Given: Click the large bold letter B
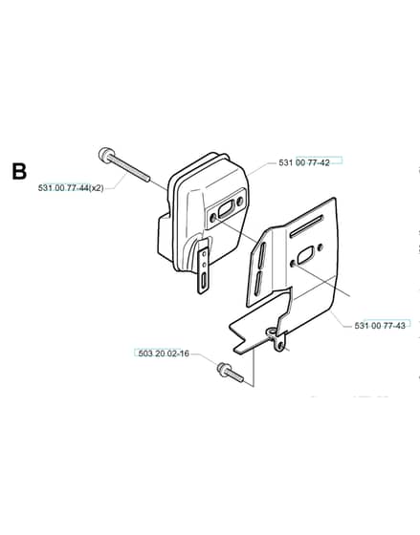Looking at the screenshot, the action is (19, 171).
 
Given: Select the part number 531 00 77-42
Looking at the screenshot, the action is (304, 162).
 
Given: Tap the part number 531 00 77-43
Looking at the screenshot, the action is (380, 326).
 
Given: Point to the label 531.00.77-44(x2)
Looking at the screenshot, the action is (71, 188).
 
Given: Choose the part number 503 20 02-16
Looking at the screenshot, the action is (164, 353).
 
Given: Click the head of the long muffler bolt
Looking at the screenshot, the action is (105, 155).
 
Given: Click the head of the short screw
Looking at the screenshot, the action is (224, 369).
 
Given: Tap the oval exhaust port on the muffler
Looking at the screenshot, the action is (226, 208).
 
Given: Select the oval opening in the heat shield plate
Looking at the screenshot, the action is (305, 255).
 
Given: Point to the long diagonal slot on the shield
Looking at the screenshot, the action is (306, 226).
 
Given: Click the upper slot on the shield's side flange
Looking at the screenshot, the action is (262, 254).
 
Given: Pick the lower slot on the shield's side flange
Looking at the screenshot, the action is (257, 283).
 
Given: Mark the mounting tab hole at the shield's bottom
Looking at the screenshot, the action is (280, 346).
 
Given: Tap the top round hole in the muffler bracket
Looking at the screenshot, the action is (205, 254).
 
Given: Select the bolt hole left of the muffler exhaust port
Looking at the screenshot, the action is (213, 218).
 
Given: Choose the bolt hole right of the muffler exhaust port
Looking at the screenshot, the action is (239, 201).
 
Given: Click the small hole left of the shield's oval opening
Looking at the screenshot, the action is (293, 264).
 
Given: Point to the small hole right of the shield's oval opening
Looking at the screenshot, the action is (321, 247).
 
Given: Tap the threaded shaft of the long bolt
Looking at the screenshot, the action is (130, 169).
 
